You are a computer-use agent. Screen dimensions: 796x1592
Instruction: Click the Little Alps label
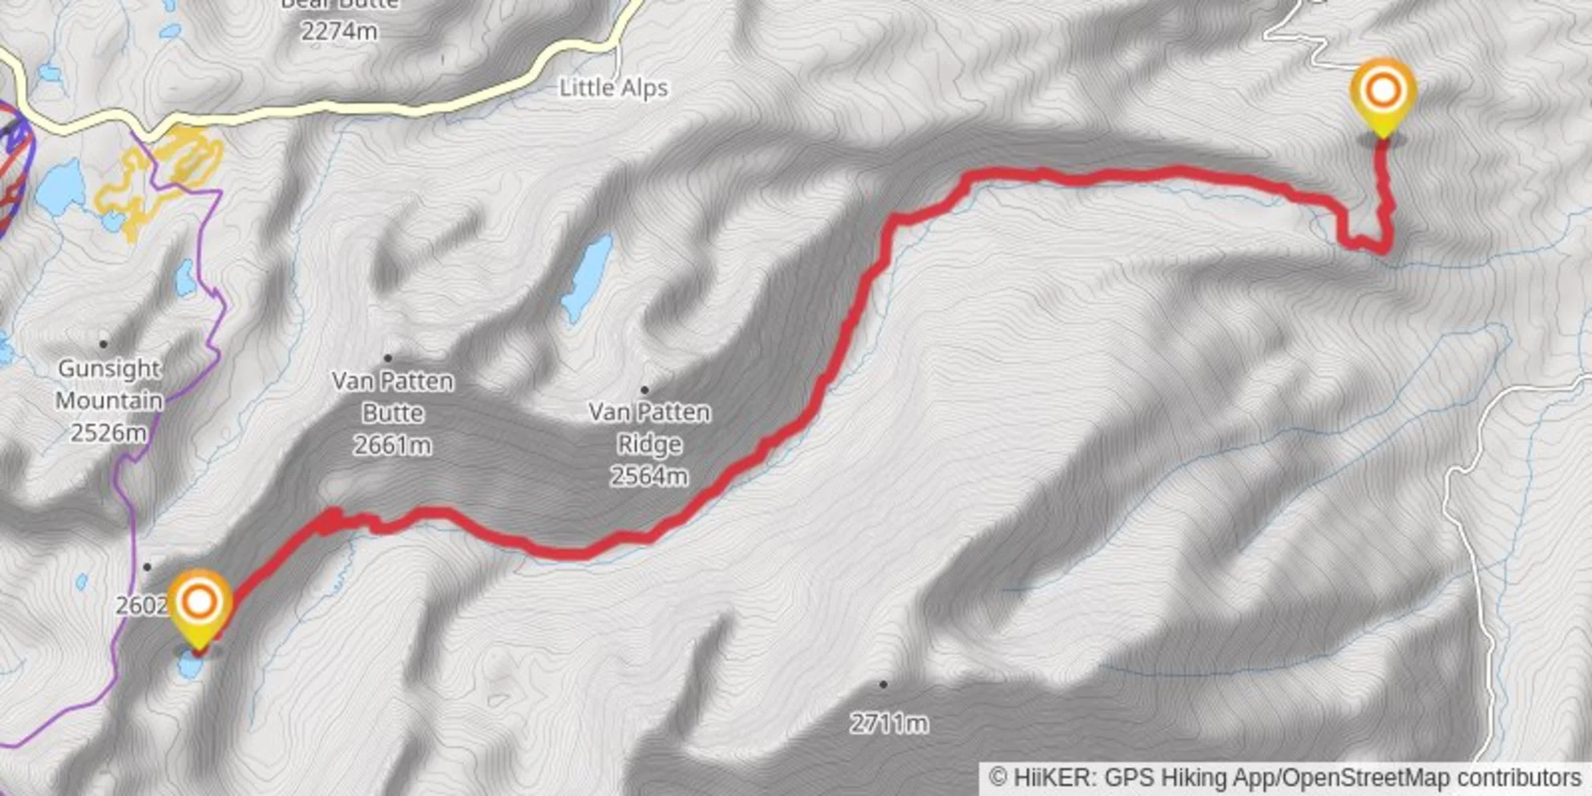(613, 88)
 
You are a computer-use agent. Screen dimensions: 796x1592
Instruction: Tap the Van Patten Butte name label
(392, 396)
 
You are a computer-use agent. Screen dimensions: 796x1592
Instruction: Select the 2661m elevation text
(392, 445)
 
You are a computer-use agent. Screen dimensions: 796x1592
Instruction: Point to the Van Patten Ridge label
(650, 428)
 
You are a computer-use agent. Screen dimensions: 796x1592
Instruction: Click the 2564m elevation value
(650, 476)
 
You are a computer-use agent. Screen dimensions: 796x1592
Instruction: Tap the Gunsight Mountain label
(109, 384)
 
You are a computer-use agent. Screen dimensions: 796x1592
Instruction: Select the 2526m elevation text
(109, 433)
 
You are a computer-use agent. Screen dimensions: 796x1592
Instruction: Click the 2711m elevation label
(888, 723)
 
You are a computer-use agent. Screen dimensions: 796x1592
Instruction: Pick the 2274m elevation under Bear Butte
(339, 31)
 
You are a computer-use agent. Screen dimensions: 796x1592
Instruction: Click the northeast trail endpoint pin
(1383, 92)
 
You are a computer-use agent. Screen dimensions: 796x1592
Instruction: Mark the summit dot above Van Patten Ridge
(644, 390)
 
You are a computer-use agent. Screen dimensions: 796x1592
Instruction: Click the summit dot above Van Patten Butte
(388, 358)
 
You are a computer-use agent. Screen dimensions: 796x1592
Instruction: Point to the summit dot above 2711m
(883, 684)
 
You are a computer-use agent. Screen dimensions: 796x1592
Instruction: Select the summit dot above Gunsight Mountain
(104, 344)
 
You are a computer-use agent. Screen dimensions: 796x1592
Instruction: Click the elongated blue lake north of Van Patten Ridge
(587, 277)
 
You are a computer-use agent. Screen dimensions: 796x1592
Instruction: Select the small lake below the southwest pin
(190, 667)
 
